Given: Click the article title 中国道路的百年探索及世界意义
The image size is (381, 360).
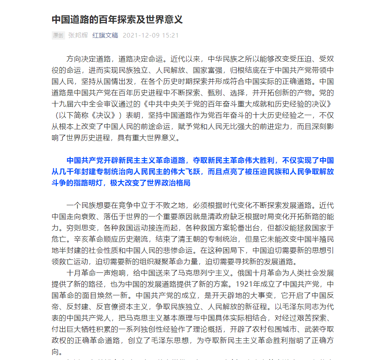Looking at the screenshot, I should point(117,20).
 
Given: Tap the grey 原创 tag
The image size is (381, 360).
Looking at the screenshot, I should point(58,35).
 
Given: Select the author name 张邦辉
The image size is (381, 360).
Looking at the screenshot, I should point(78,35).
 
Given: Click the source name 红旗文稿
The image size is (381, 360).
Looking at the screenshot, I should point(105,35).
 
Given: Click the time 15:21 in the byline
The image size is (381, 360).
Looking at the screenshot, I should point(171,35).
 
